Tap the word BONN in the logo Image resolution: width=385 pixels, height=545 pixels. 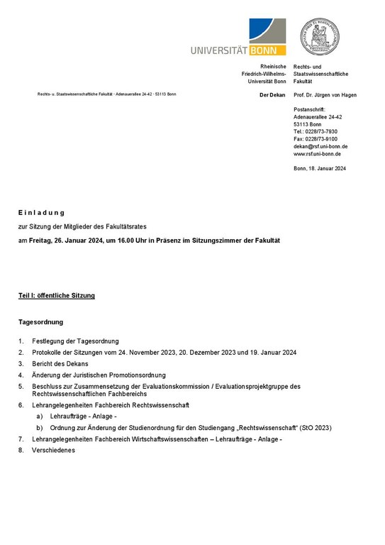269,50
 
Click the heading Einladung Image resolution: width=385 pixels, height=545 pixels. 42,212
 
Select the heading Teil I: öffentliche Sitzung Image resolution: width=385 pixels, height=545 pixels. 57,294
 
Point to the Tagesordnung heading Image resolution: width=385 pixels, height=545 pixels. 41,322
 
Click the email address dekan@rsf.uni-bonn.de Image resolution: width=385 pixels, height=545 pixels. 320,146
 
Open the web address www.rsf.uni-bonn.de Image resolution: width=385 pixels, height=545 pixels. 317,153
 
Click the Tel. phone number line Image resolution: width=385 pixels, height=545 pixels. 315,131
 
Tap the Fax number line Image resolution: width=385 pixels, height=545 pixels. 316,139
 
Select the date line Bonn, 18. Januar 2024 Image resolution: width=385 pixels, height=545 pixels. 319,168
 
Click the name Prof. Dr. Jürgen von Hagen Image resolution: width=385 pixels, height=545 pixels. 325,94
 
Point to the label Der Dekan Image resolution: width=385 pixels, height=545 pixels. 273,94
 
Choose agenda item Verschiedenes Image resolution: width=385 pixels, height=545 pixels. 53,450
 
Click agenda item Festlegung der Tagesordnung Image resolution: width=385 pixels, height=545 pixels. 75,341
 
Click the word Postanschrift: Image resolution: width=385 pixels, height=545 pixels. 308,109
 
